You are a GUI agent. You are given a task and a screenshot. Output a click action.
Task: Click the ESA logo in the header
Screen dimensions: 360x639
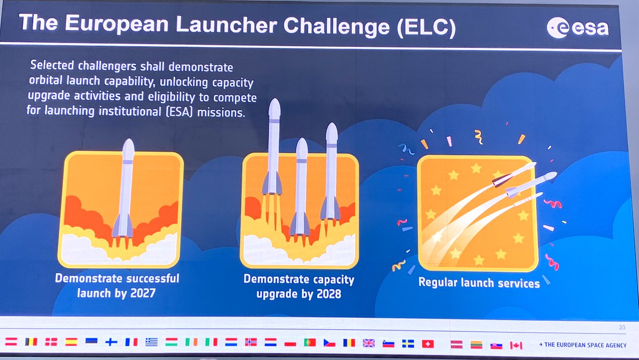(578, 27)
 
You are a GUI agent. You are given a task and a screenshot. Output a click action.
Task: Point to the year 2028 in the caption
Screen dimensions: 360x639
(327, 293)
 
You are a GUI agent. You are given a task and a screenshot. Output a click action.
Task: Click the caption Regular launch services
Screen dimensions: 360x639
(479, 282)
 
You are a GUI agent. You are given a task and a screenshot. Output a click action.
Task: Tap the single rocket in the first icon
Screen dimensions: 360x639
(125, 192)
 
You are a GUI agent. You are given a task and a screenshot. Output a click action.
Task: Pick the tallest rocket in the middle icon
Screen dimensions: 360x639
(273, 149)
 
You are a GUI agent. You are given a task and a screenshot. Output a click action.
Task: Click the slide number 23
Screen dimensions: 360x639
(622, 328)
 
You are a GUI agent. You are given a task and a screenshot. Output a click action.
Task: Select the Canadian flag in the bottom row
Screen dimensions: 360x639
(516, 345)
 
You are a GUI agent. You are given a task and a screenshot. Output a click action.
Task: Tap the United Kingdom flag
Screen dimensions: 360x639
(369, 343)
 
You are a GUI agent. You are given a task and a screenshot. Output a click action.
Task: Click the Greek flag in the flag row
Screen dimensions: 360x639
(152, 342)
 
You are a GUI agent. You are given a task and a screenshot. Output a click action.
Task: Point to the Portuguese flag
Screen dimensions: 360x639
(310, 342)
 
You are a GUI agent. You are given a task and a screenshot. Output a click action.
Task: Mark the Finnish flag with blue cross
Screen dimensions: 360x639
(111, 342)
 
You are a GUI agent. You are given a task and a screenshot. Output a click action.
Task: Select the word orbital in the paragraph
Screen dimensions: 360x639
(46, 83)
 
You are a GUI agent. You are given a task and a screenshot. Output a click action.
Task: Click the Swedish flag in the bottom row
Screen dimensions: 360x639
(408, 343)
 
